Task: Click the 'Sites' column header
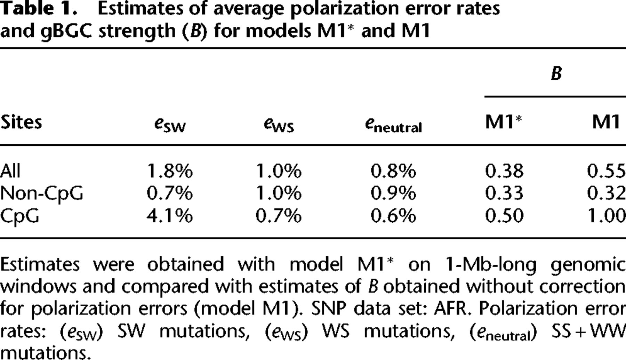[21, 122]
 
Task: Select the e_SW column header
[170, 124]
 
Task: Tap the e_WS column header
[279, 124]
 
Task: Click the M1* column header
[504, 121]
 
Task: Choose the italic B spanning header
[556, 73]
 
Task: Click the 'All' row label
[10, 171]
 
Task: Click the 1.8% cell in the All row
[170, 171]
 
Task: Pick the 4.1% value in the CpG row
[170, 216]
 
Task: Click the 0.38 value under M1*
[504, 171]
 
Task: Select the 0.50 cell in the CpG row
[504, 216]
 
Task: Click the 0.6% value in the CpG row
[393, 216]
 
